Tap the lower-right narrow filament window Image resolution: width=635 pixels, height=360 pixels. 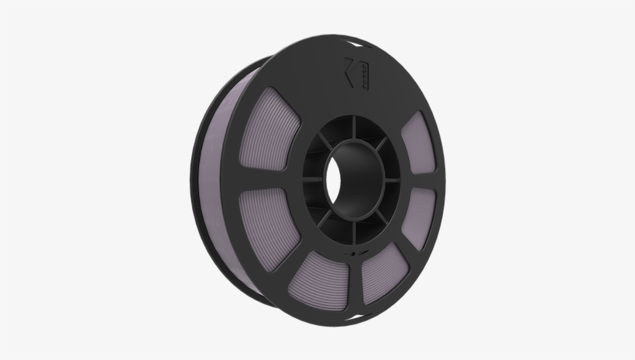(x=419, y=216)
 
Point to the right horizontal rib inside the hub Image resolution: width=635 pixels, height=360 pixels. (x=392, y=180)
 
